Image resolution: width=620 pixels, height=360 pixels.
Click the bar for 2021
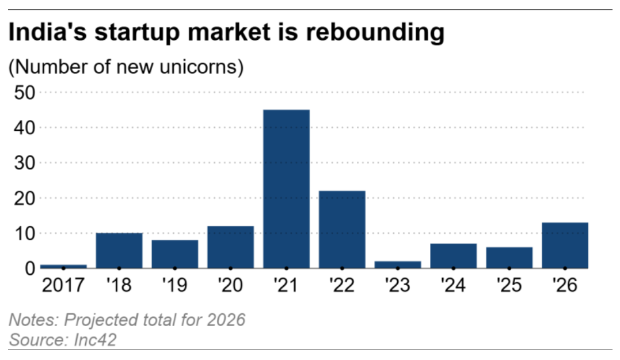pos(286,189)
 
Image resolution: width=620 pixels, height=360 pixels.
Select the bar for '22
pos(342,229)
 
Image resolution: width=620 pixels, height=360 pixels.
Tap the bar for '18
pos(119,251)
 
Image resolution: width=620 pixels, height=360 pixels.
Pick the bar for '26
pos(565,245)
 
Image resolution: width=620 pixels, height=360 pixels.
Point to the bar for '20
pos(230,247)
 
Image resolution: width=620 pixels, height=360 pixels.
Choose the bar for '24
pos(453,256)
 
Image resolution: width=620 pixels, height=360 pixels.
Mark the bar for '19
pos(175,254)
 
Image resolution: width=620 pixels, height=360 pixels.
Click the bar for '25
pos(509,257)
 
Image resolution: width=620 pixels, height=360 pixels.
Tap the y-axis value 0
pos(29,268)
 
